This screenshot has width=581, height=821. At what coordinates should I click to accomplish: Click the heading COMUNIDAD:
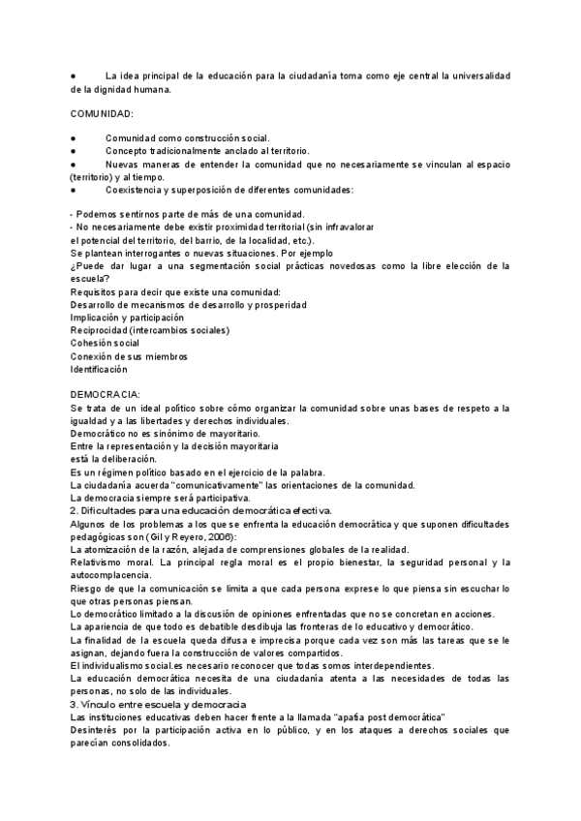click(x=103, y=114)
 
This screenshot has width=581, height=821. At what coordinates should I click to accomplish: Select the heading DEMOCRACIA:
click(x=106, y=395)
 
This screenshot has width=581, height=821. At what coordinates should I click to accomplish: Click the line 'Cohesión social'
click(x=105, y=344)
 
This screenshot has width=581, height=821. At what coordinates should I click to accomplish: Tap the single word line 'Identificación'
click(x=99, y=370)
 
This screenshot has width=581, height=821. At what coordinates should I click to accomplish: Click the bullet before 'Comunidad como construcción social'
click(x=74, y=137)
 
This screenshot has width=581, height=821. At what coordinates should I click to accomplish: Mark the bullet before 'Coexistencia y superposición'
click(x=74, y=190)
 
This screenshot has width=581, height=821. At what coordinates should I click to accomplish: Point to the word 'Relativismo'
click(x=103, y=563)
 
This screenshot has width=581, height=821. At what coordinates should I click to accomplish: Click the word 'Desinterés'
click(x=99, y=730)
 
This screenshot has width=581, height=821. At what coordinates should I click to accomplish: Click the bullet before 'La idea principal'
click(x=74, y=76)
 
